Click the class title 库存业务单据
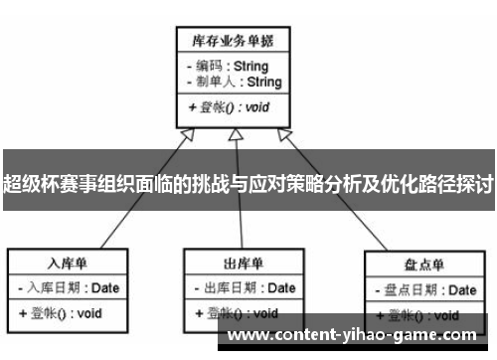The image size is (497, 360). coord(233,41)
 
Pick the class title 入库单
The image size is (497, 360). coord(70,263)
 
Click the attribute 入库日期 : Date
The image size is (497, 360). coord(73,288)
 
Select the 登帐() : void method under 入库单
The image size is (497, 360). coord(62,313)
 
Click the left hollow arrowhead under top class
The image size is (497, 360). coord(186,136)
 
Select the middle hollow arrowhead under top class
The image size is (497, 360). coord(234,135)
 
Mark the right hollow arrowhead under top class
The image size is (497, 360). coord(283,136)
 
